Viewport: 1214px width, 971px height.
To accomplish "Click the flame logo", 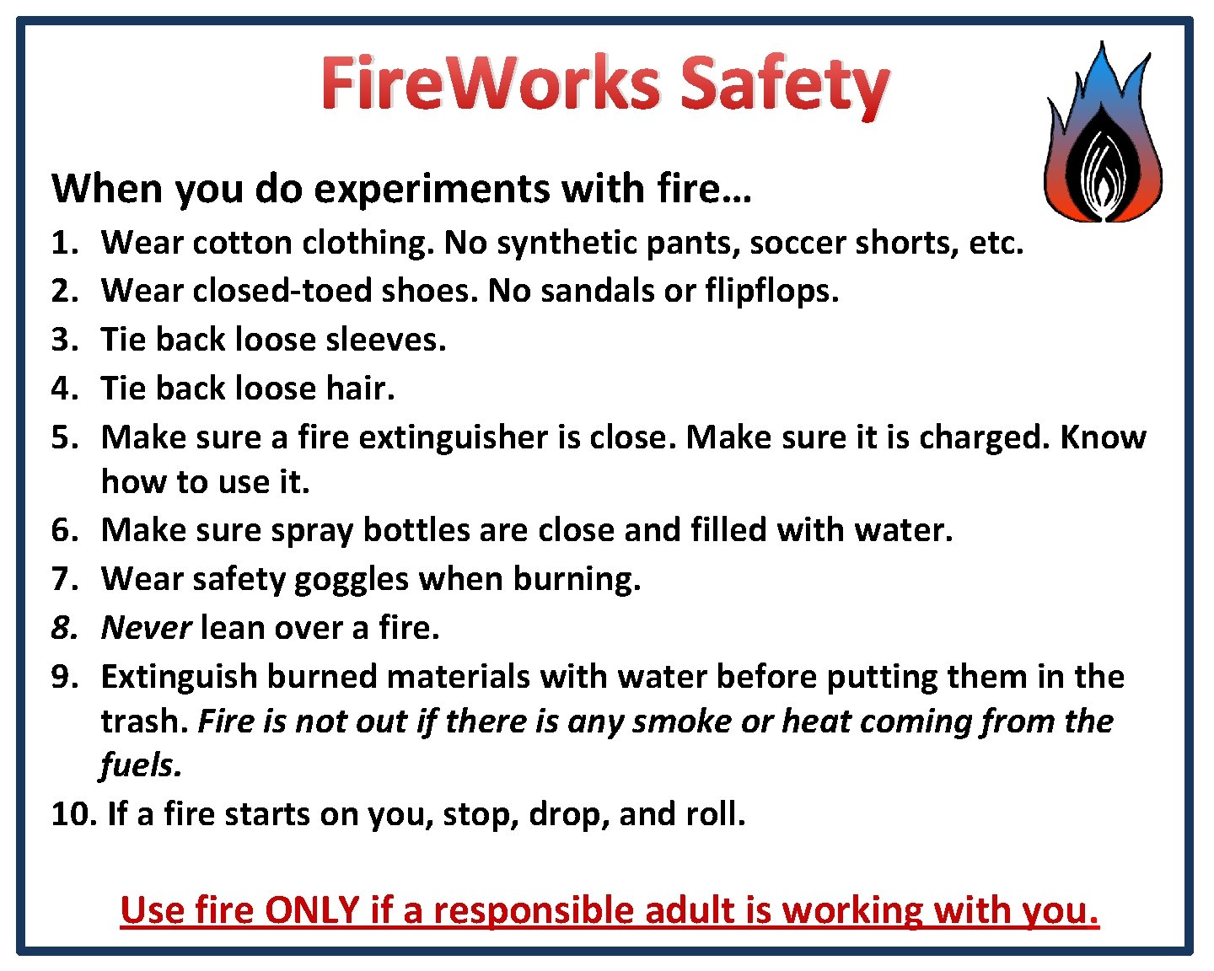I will click(1103, 135).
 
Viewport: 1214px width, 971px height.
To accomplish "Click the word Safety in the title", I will click(784, 84).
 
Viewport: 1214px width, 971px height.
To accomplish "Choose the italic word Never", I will click(146, 628).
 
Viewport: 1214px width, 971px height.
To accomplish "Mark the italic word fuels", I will click(140, 765).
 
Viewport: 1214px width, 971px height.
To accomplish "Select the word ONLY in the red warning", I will click(312, 910).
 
